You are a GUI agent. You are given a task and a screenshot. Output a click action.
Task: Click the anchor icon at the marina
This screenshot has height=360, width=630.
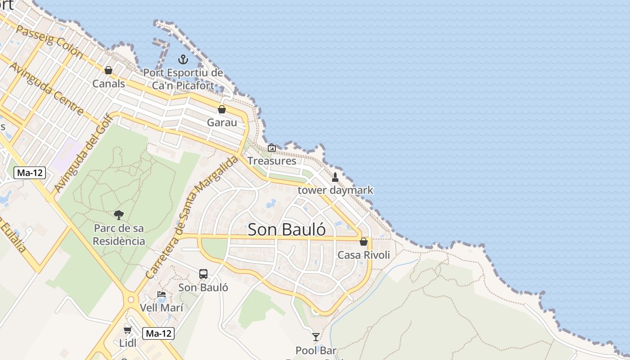[x=183, y=59]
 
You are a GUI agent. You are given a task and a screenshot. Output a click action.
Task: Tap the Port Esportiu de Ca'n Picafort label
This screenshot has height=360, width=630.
[x=183, y=79]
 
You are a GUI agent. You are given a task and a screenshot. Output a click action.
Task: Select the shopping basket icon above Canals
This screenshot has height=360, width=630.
[x=108, y=70]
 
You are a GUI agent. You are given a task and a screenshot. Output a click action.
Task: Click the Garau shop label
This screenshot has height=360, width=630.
[x=222, y=122]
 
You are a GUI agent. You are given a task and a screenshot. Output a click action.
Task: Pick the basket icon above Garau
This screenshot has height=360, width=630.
[x=222, y=109]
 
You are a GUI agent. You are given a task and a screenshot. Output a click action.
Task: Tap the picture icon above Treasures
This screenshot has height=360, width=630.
[x=272, y=148]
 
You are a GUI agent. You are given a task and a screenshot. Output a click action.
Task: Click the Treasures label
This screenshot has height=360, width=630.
[x=272, y=161]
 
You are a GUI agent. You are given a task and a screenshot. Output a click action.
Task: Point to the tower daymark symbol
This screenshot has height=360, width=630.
[x=335, y=177]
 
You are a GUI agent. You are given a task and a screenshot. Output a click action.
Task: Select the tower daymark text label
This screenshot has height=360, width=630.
[x=336, y=190]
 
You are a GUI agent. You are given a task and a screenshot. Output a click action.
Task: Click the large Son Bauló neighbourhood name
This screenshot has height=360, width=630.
[x=287, y=229]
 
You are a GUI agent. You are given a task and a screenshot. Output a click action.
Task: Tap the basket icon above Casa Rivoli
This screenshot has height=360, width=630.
[x=364, y=242]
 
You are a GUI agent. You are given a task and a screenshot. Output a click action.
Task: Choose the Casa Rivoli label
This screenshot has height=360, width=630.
[x=364, y=255]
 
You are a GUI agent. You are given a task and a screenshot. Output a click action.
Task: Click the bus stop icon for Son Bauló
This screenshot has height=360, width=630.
[x=203, y=274]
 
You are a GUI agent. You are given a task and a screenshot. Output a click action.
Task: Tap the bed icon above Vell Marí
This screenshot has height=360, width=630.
[x=162, y=294]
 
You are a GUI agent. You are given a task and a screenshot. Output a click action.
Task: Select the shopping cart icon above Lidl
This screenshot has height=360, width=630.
[x=128, y=330]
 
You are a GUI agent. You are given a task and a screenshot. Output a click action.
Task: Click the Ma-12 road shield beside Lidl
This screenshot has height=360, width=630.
[x=158, y=333]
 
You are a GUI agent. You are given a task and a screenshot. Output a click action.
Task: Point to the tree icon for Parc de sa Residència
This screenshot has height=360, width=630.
[x=119, y=215]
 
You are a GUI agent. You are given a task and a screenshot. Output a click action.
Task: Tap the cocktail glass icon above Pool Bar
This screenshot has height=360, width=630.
[x=316, y=337]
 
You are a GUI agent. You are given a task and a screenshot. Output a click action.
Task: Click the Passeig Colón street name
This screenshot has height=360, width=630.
[x=49, y=41]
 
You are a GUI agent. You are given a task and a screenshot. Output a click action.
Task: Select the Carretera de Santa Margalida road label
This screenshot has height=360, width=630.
[x=192, y=218]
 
